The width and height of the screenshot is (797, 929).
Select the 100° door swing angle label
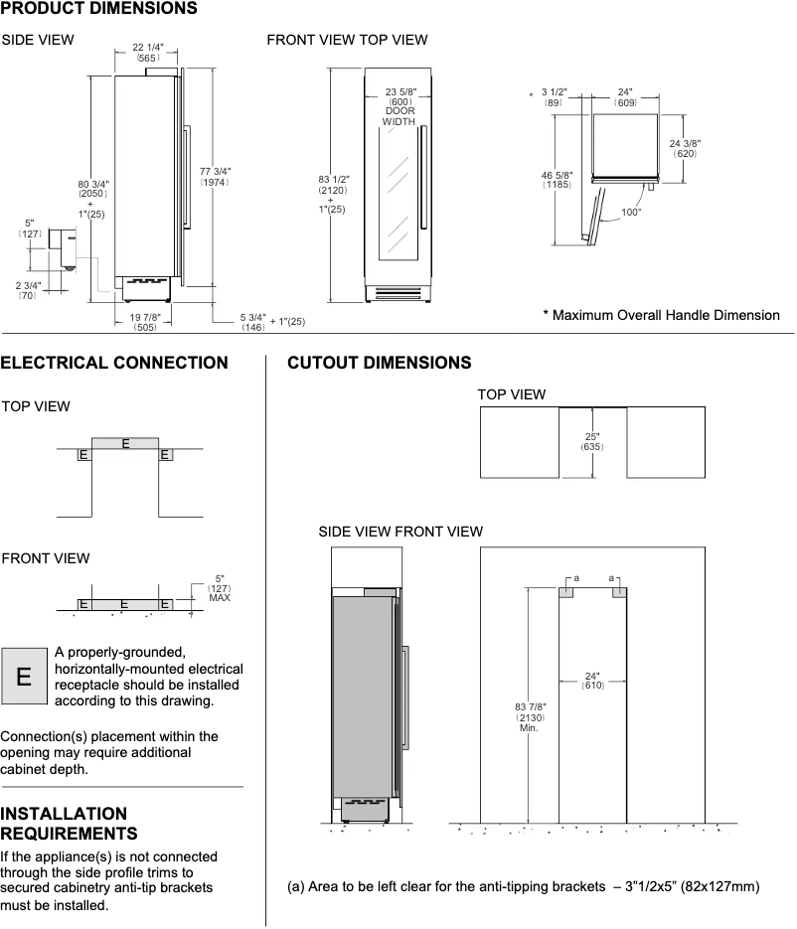631,211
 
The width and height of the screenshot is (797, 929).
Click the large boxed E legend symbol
24,677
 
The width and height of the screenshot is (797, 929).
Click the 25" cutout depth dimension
592,441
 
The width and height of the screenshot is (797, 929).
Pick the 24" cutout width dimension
592,681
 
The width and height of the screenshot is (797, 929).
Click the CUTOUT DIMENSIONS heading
379,363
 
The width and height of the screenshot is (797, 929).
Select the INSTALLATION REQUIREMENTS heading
69,823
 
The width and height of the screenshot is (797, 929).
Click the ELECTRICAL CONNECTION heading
114,363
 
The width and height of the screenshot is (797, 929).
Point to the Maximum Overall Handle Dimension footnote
661,315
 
